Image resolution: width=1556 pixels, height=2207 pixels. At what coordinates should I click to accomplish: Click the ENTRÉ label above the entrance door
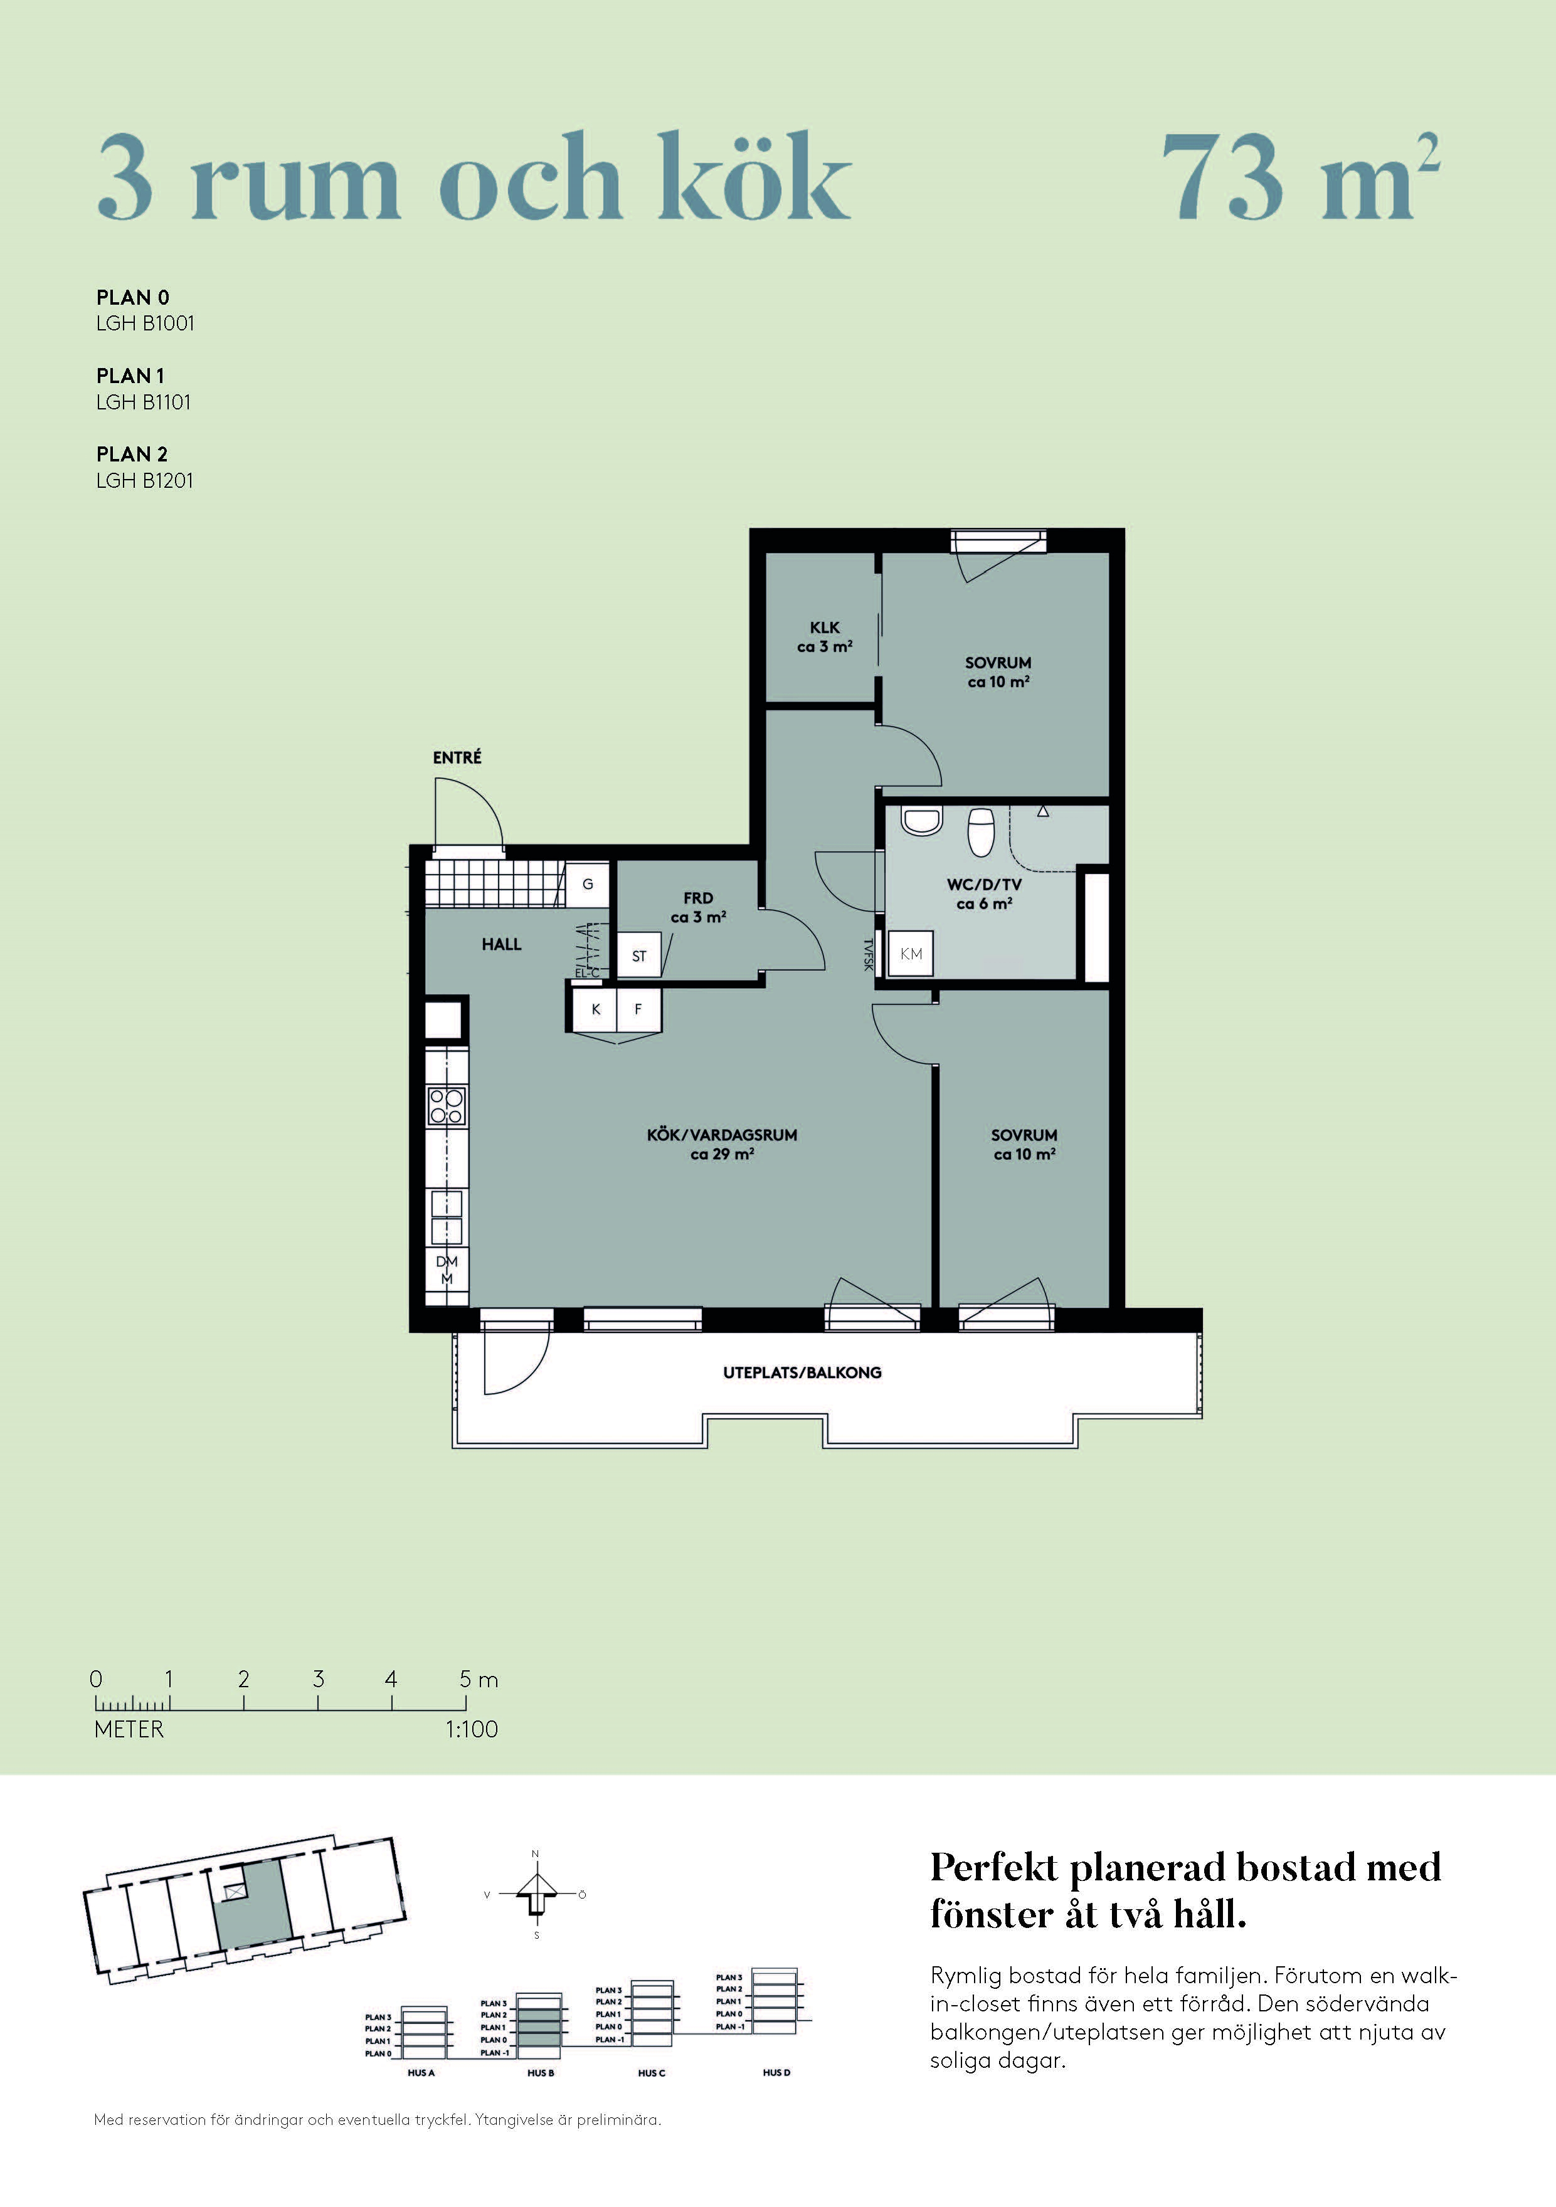[457, 757]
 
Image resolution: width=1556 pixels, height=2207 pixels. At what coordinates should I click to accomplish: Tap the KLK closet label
[824, 628]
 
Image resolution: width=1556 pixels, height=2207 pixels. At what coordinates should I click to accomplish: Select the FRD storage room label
[698, 898]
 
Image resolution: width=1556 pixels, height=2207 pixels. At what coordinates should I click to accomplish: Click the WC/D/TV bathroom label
[984, 884]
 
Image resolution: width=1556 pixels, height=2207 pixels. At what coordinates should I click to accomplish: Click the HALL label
[501, 944]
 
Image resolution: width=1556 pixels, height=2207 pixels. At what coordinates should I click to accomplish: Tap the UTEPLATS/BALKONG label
[802, 1372]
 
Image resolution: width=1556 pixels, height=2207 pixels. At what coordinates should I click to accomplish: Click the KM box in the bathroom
[911, 954]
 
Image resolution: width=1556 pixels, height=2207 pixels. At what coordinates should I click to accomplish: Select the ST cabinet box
[638, 956]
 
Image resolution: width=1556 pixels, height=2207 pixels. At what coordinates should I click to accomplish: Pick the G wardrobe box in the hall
[588, 884]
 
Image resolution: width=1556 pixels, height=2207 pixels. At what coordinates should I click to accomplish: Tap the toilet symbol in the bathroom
[981, 831]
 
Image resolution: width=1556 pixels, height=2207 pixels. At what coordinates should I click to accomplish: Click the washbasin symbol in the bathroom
[921, 822]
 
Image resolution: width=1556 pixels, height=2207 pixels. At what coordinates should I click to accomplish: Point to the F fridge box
[638, 1010]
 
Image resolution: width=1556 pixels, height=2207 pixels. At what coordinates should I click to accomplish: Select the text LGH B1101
[143, 402]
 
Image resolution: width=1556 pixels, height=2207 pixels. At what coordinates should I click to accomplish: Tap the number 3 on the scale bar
[319, 1678]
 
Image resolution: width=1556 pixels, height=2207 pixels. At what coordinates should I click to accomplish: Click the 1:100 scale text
[471, 1729]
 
